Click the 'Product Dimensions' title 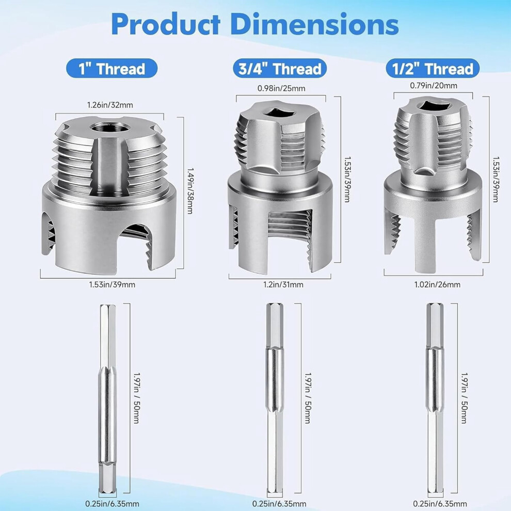pos(255,24)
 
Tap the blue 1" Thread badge pos(112,69)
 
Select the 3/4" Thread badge pos(280,69)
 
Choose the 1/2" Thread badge pos(433,69)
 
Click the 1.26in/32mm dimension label pos(110,105)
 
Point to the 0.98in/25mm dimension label pos(281,88)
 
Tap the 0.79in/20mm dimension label pos(434,85)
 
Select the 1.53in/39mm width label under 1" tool pos(112,284)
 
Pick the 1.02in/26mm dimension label pos(437,284)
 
